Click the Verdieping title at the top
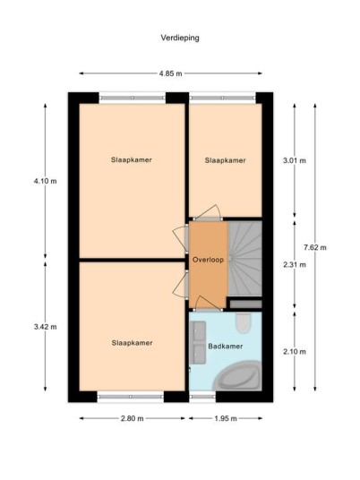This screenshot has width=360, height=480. point(180,38)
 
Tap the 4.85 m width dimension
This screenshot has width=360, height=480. point(170,73)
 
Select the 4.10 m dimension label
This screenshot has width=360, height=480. point(46,181)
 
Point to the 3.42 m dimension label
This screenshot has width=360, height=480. point(46,327)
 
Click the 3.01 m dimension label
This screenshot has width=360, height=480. point(295,160)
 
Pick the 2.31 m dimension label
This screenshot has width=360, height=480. point(295,265)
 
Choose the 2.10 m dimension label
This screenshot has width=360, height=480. point(295,352)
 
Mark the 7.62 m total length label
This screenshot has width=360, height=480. point(315,247)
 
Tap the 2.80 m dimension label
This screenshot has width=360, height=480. point(133,418)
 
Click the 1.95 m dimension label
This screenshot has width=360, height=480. point(226,418)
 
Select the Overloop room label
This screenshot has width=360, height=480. point(208,260)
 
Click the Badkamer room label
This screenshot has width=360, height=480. point(226,347)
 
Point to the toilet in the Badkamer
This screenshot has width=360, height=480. point(244,322)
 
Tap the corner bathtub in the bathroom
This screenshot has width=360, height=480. point(238,376)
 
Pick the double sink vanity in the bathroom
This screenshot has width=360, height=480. point(199,342)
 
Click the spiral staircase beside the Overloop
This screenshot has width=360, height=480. point(244,259)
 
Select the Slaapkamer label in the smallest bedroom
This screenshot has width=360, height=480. point(226,160)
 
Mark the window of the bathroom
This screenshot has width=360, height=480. point(202,397)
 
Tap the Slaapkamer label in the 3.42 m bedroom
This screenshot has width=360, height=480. point(132,343)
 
